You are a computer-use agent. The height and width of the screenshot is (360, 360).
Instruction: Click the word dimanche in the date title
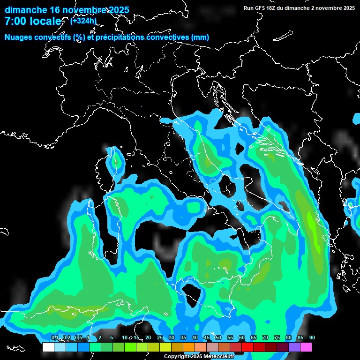[25, 10]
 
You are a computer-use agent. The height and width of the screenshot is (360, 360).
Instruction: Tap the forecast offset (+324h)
[83, 21]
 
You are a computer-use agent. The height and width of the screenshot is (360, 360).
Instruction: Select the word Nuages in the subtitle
[18, 37]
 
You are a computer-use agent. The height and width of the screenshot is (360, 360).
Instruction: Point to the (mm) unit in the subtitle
[200, 37]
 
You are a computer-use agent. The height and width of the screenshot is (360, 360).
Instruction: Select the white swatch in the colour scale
[48, 347]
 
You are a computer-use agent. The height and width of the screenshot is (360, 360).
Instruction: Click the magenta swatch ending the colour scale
[306, 347]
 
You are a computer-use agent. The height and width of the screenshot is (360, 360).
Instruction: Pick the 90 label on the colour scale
[312, 337]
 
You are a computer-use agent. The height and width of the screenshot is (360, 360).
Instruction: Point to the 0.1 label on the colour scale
[54, 337]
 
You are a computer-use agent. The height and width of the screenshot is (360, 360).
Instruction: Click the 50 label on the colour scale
[218, 337]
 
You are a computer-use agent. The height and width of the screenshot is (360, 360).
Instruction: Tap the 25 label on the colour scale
[160, 337]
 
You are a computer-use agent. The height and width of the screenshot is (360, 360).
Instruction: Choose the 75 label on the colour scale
[277, 337]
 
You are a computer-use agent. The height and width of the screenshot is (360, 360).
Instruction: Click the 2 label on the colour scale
[99, 337]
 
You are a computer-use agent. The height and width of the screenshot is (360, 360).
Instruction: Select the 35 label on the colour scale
[183, 337]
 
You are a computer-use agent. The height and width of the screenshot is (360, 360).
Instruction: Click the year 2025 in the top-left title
[117, 10]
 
